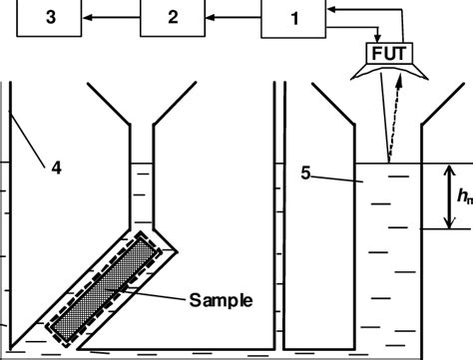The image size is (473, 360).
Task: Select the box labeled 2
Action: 172,17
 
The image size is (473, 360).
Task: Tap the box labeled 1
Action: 294,17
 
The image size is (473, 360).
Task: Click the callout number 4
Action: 55,169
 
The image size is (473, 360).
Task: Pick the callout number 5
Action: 307,173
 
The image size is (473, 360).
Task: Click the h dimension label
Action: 464,196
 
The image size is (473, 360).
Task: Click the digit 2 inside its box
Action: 172,17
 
